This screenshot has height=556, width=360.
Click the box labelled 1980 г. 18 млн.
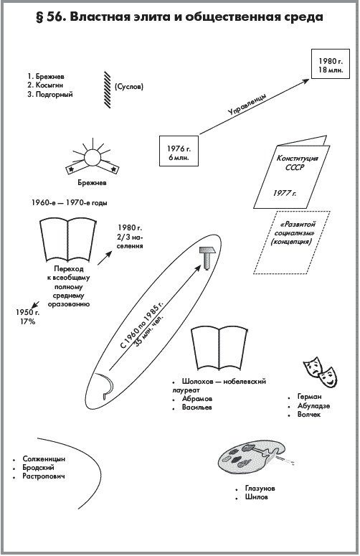pos(330,64)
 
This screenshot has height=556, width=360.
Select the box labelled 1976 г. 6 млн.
pos(179,151)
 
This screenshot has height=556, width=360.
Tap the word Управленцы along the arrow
pos(247,105)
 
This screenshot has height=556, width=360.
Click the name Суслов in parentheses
pos(129,87)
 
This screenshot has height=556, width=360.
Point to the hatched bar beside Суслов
pos(107,90)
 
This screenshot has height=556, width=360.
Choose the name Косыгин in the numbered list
pos(49,85)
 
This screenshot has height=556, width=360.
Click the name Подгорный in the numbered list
pos(54,95)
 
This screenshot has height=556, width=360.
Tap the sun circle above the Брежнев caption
pos(93,157)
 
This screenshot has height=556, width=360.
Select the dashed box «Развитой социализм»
pos(292,242)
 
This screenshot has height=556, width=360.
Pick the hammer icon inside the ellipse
pos(207,258)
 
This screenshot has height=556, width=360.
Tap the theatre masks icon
pos(319,372)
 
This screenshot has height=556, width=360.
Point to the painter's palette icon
pos(251,458)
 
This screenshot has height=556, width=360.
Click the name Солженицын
pos(44,459)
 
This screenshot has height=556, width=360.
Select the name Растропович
pos(44,476)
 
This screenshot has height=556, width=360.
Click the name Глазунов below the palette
pos(260,489)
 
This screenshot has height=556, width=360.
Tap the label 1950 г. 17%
pos(28,317)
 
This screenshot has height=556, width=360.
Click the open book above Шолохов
pos(219,349)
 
